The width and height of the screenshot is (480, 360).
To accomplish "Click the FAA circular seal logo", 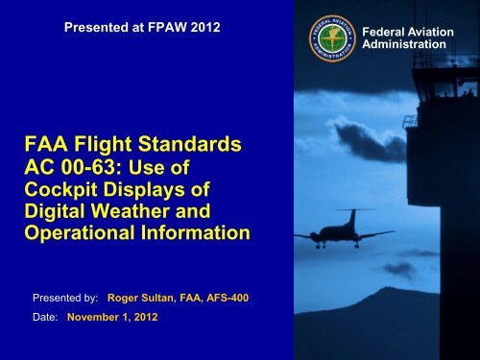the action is [x=332, y=38].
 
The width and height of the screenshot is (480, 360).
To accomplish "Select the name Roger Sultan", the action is [x=141, y=298].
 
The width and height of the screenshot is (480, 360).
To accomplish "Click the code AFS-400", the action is [x=228, y=298].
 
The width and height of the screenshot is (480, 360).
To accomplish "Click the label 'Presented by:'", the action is [x=65, y=298].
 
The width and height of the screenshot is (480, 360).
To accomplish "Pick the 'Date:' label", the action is [x=45, y=317].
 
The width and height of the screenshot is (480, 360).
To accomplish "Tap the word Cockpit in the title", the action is [x=60, y=190].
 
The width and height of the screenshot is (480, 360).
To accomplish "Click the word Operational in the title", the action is [x=80, y=233].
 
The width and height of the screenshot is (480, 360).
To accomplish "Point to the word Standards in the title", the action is [x=190, y=144].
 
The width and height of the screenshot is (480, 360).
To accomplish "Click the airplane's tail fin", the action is [x=352, y=218].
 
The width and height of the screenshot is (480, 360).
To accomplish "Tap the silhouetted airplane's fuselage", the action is [x=339, y=232].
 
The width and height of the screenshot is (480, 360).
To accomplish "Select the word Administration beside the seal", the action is [x=404, y=44].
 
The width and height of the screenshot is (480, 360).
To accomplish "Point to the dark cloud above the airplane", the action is [x=368, y=141].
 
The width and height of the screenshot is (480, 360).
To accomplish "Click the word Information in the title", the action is [x=196, y=232].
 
